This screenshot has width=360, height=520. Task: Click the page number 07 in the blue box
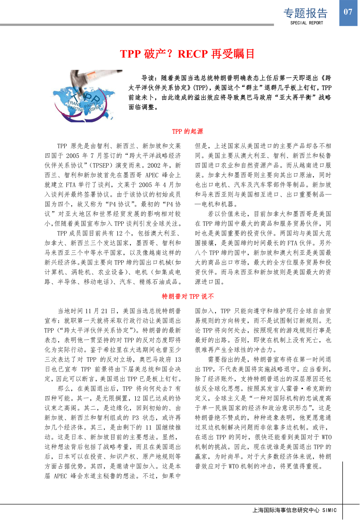click(x=348, y=12)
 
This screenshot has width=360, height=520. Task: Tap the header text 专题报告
click(x=305, y=13)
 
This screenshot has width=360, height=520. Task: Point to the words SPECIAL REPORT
click(x=307, y=23)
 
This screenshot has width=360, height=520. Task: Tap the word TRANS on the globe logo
click(x=74, y=104)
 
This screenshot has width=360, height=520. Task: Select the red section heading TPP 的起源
click(x=187, y=131)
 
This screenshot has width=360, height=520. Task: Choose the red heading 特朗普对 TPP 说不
click(x=188, y=296)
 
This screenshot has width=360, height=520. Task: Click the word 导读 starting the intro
click(x=148, y=78)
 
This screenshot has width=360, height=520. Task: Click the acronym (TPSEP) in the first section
click(x=102, y=165)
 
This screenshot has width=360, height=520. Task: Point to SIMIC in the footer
click(x=329, y=510)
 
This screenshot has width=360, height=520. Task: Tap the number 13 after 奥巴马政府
click(x=178, y=359)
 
